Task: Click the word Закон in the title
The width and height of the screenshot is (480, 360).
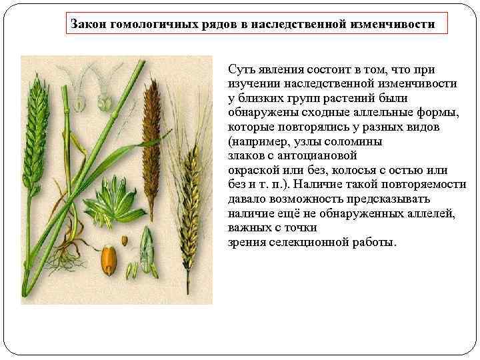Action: (x=89, y=24)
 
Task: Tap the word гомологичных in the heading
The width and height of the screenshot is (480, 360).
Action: (x=152, y=24)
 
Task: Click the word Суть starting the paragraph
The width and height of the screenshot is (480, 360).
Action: (x=241, y=69)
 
